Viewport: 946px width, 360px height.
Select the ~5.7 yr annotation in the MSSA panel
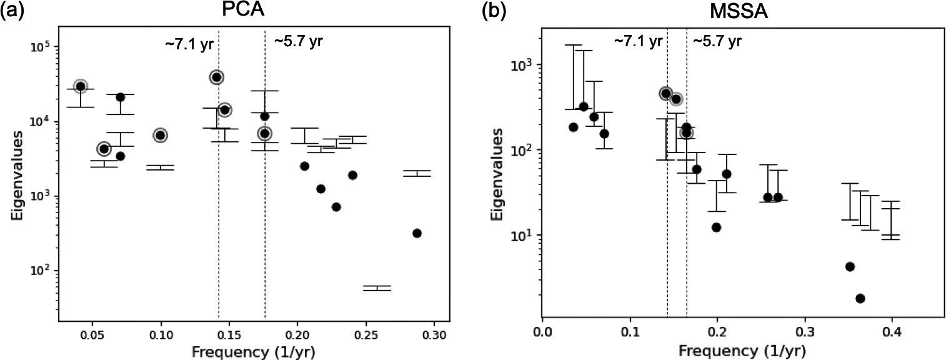point(717,42)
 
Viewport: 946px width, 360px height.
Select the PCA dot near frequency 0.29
point(417,233)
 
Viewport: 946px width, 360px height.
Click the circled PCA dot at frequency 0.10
point(161,135)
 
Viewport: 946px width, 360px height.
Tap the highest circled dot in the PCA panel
point(216,77)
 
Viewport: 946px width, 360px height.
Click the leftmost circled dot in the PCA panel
point(80,86)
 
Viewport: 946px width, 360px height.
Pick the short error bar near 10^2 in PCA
point(377,288)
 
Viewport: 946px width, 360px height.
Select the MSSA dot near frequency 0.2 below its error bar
point(716,227)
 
